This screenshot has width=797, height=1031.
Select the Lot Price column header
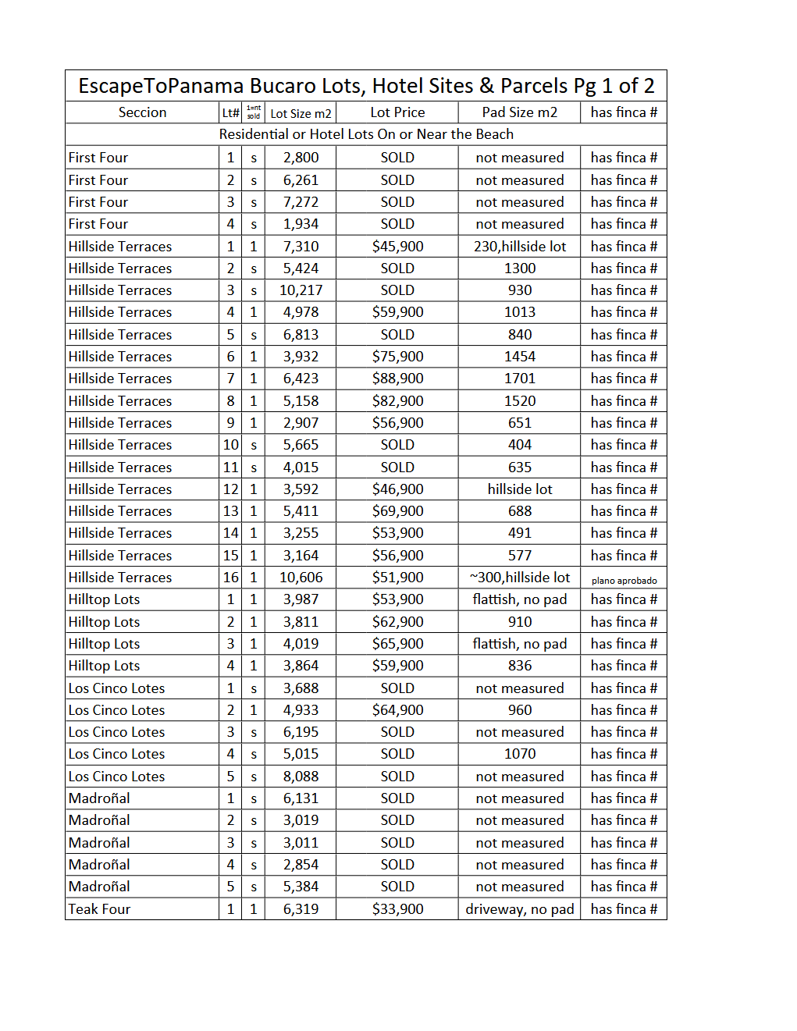397,112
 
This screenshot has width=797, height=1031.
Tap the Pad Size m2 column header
519,112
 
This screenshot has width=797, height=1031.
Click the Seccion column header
142,112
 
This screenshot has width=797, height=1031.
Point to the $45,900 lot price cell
397,247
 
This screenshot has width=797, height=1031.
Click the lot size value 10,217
301,290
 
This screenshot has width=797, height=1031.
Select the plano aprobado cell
624,581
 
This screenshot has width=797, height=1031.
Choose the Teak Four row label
99,909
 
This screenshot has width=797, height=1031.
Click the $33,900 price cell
397,909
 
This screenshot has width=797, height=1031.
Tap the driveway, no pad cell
519,909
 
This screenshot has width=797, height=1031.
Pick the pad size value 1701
519,379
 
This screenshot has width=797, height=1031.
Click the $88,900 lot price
397,379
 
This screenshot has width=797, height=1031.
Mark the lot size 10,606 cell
301,578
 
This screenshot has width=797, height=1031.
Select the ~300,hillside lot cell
519,578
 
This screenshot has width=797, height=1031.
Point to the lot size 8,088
301,777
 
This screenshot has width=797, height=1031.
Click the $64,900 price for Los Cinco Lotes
397,710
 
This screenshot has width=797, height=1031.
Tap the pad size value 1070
519,754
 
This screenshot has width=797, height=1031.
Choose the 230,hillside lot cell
519,247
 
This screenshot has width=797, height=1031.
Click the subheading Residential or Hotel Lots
366,134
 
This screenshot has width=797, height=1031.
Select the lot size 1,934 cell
301,224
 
